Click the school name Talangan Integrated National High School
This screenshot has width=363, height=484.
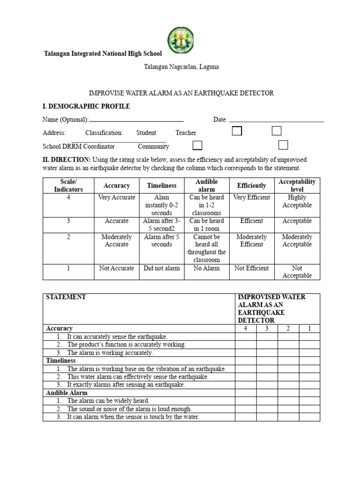pos(103,54)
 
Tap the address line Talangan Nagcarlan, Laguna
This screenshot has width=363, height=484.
pos(181,67)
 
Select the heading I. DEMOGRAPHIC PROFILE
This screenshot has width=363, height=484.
pos(86,106)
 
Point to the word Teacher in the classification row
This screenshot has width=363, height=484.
pos(186,133)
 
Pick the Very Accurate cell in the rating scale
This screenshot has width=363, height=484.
pos(117,198)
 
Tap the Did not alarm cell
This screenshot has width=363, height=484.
pos(162,268)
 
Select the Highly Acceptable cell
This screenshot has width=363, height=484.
pos(297,201)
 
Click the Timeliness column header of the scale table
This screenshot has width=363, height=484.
pos(162,186)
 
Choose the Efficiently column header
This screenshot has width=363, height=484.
pos(251,186)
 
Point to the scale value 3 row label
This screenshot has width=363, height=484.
pos(69,221)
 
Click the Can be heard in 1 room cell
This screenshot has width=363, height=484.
pos(207,225)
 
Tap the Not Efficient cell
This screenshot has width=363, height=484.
pos(251,268)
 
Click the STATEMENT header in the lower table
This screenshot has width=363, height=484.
pos(66,297)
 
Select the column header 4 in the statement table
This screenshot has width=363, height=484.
pos(245,328)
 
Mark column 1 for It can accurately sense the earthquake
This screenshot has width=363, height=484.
pos(309,337)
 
